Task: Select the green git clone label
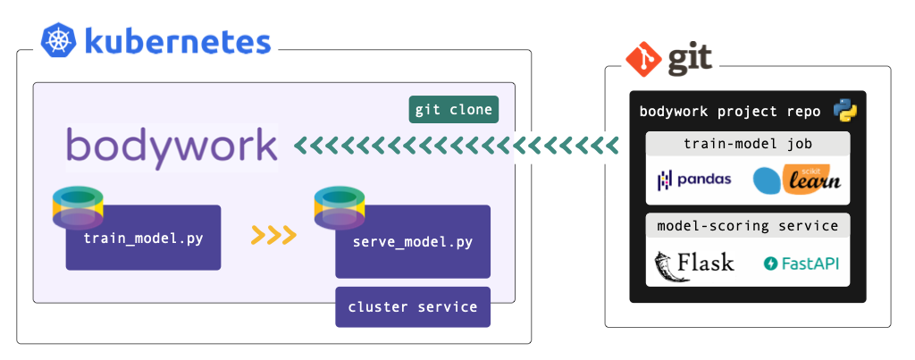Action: [453, 110]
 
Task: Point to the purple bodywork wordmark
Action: [172, 146]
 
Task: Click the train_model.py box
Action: [143, 239]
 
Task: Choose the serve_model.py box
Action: [413, 242]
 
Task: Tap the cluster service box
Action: [413, 307]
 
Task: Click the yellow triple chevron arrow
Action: [273, 235]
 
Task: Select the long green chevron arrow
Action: [457, 146]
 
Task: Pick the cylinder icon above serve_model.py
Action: [340, 207]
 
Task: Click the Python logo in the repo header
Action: [845, 111]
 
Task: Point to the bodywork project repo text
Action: [729, 113]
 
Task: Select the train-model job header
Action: [747, 143]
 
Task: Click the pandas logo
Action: [694, 180]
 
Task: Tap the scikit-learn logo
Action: [797, 180]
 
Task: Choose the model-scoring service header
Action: [747, 226]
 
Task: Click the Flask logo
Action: [694, 264]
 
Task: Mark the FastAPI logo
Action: [801, 264]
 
